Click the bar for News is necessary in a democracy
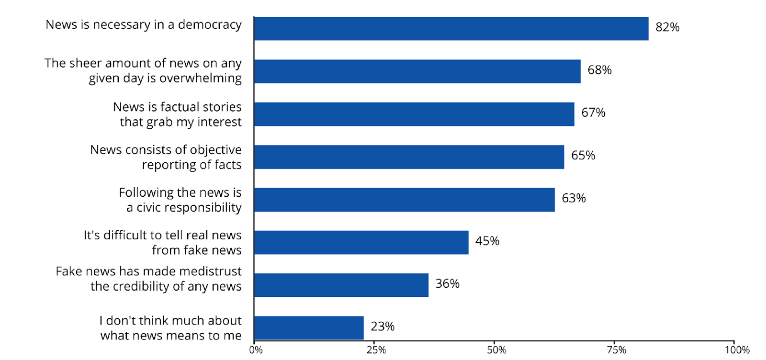tap(451, 29)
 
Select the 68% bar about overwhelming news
tap(417, 71)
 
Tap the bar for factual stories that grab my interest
tap(414, 114)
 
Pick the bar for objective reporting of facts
tap(409, 157)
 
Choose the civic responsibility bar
tap(405, 200)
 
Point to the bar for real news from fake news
tap(361, 242)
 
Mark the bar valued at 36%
tap(341, 285)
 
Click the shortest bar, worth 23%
tap(309, 328)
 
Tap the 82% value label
tap(667, 27)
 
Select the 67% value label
tap(593, 112)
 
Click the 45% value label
tap(487, 241)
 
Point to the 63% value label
tap(574, 198)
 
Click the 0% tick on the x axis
tap(256, 350)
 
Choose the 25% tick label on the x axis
tap(376, 350)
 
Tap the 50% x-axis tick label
tap(496, 350)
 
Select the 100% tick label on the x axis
tap(737, 350)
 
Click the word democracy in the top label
tap(210, 25)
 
